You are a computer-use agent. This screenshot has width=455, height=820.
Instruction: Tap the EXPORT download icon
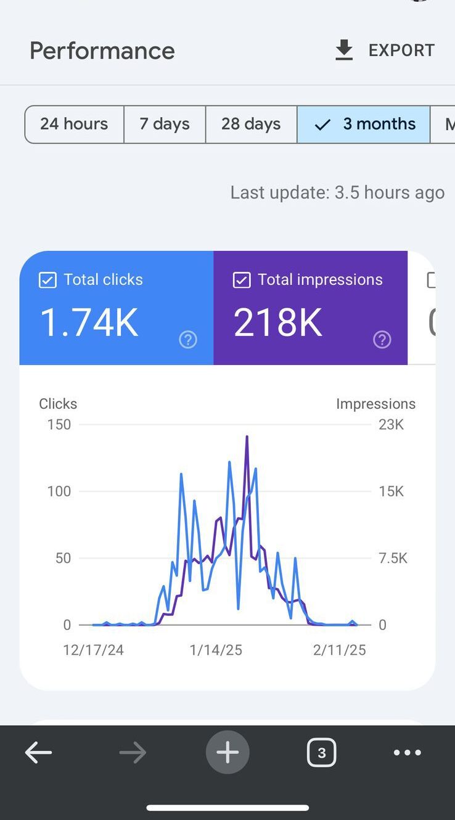(344, 51)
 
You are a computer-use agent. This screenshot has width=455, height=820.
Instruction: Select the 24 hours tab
(74, 124)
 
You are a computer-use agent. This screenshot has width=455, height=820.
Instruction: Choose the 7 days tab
(165, 124)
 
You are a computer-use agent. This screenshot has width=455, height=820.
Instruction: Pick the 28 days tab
(251, 124)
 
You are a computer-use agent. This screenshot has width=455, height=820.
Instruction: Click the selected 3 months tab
(364, 124)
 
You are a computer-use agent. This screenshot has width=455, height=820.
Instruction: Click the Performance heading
(102, 51)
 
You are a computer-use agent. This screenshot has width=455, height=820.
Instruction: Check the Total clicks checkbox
(47, 281)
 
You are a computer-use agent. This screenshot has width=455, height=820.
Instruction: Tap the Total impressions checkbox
(242, 281)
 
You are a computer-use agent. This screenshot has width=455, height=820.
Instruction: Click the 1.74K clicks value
(89, 322)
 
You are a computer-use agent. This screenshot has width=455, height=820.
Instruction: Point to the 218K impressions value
(278, 322)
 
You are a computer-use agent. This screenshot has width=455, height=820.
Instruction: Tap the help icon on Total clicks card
(188, 339)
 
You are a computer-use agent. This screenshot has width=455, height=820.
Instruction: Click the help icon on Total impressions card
(382, 339)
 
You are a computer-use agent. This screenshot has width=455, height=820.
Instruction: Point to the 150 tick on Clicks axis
(59, 424)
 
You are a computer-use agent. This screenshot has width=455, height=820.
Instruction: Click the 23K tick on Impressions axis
(391, 424)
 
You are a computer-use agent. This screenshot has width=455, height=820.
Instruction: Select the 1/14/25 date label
(216, 650)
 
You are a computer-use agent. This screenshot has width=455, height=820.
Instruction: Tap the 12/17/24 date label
(93, 650)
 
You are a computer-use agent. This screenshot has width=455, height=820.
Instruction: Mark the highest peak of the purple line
(247, 437)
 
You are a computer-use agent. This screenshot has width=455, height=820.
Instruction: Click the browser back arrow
(38, 752)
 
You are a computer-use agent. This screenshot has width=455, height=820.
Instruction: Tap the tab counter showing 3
(321, 753)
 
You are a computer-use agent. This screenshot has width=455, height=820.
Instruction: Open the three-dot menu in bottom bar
(408, 752)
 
